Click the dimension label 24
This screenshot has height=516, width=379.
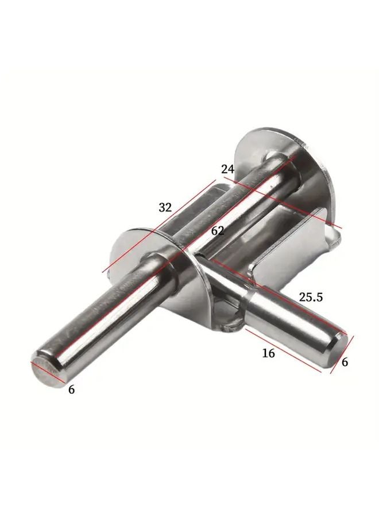[228, 169]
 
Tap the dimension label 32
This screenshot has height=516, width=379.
[165, 208]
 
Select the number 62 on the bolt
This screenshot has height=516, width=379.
[217, 231]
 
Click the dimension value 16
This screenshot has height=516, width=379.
[268, 353]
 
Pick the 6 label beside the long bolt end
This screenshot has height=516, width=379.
[71, 389]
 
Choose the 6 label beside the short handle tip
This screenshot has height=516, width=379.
[345, 362]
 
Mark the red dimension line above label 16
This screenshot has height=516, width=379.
[281, 350]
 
